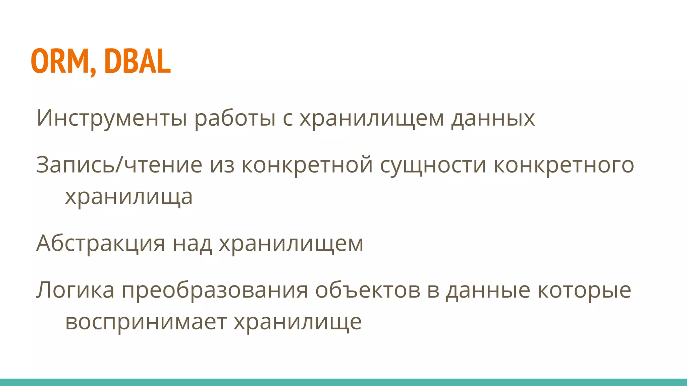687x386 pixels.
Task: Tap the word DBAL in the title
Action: pos(138,61)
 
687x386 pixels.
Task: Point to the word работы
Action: pos(235,118)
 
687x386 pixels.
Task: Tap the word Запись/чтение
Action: pos(119,165)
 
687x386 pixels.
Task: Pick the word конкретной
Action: pos(307,165)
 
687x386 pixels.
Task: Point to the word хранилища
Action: pos(129,197)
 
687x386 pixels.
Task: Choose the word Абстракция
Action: pos(101,243)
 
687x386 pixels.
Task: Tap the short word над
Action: pos(192,243)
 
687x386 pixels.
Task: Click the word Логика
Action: pos(75,290)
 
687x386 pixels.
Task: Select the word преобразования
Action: pos(215,290)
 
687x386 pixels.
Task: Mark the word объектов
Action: pos(367,290)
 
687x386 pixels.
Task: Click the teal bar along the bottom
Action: pos(343,382)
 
